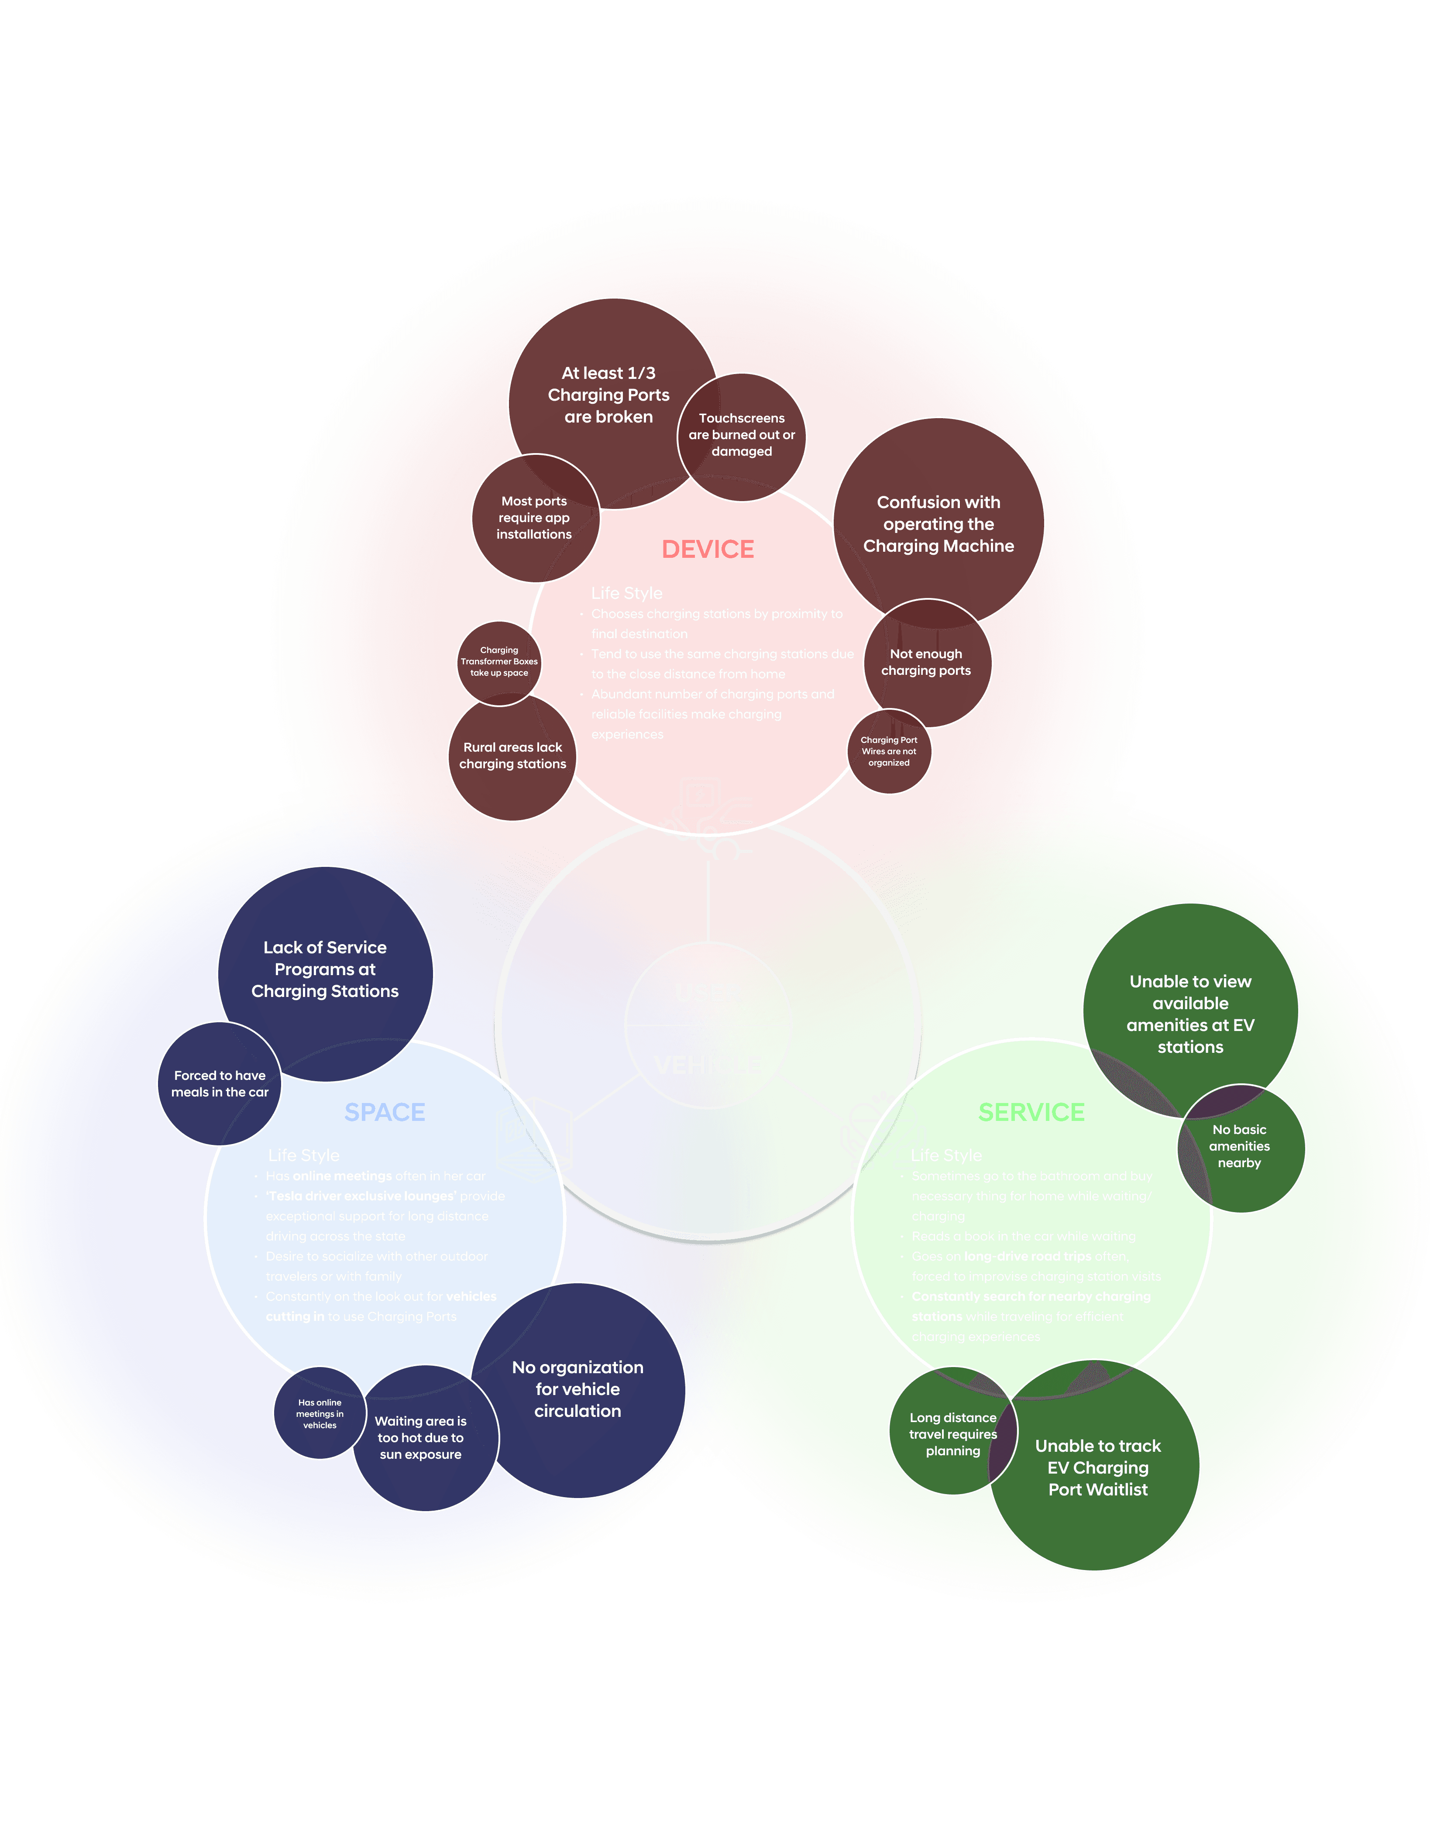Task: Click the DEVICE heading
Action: click(x=708, y=550)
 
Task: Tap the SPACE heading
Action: click(x=385, y=1113)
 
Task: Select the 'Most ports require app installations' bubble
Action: click(x=534, y=518)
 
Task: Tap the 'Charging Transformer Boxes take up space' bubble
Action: click(x=499, y=662)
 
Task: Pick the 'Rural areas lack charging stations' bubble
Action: click(x=512, y=756)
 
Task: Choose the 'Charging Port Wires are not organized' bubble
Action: click(x=889, y=752)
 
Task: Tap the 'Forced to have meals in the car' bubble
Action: click(x=219, y=1084)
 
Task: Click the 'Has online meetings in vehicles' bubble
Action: click(x=319, y=1414)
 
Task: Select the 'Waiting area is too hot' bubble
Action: click(x=421, y=1438)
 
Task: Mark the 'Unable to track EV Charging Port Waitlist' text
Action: click(x=1097, y=1468)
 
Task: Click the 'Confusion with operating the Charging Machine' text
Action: click(x=938, y=524)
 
